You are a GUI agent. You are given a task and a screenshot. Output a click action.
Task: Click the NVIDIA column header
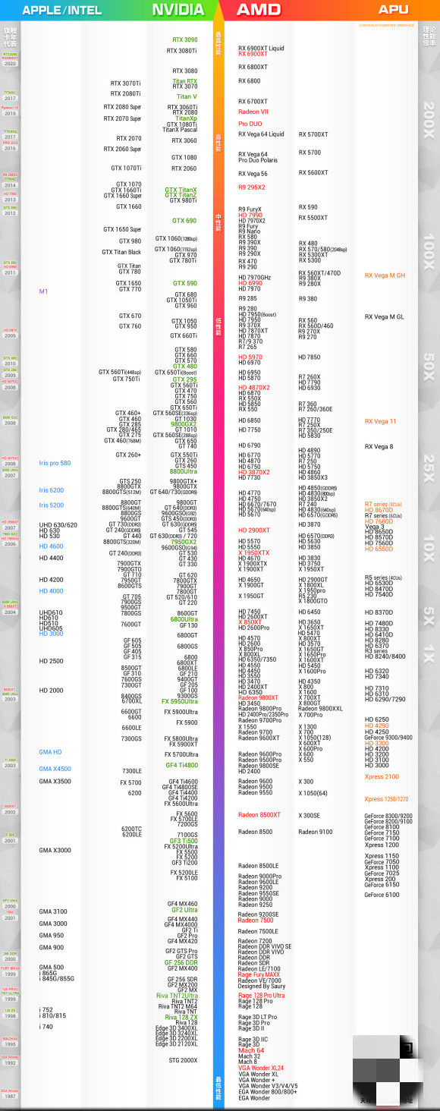point(178,10)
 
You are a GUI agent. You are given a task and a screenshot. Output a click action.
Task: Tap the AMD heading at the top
point(259,10)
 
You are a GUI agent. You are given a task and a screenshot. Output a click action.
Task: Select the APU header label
point(393,10)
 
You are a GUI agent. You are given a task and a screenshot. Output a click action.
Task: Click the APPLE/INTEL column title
point(61,10)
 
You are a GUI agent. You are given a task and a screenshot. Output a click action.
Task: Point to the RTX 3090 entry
point(184,39)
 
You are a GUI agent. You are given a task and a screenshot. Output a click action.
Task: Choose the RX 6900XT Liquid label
point(261,48)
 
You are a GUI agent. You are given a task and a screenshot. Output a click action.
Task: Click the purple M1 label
point(43,291)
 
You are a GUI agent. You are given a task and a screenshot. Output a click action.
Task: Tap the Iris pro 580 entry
point(55,463)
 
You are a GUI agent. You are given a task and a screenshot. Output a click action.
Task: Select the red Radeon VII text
point(253,112)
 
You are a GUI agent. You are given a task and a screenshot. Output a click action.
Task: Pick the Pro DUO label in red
point(250,124)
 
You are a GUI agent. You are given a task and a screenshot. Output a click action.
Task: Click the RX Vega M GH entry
point(385,275)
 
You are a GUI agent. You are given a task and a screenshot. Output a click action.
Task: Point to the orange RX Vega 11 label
point(380,421)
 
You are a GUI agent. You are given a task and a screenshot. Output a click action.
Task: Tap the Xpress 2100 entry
point(381,776)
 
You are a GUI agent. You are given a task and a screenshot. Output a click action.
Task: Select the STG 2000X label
point(183,1060)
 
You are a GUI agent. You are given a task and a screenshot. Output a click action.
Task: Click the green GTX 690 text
point(184,221)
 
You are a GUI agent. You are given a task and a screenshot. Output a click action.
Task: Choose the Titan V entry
point(187,97)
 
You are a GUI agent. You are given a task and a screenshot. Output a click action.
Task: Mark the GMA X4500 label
point(55,769)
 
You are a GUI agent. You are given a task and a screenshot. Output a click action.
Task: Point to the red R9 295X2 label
point(252,187)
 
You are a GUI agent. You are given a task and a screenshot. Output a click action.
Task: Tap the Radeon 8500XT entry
point(259,814)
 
